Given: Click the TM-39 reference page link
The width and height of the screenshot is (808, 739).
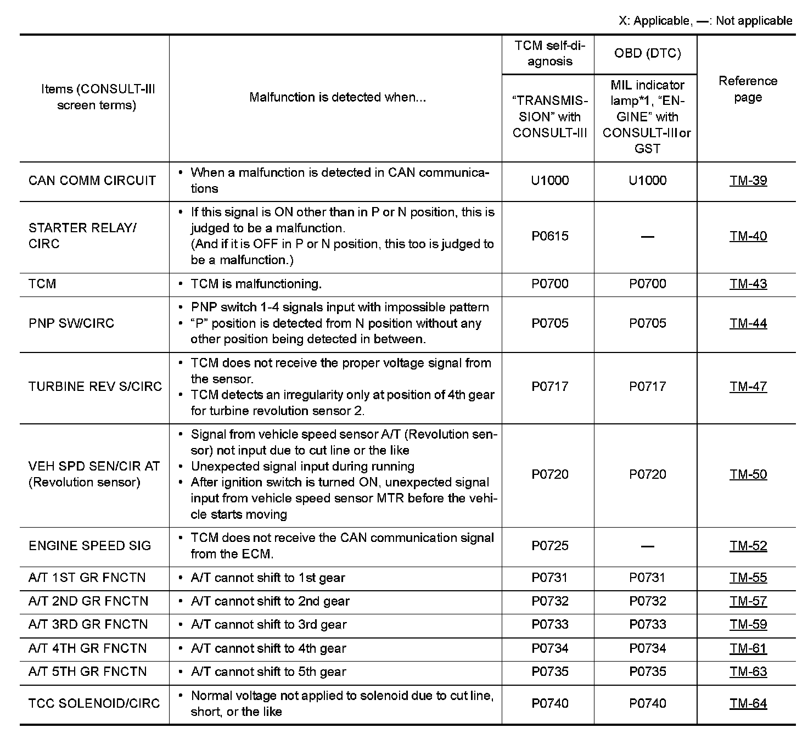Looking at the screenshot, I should pyautogui.click(x=748, y=181).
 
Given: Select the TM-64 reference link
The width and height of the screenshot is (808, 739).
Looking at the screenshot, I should pyautogui.click(x=748, y=703).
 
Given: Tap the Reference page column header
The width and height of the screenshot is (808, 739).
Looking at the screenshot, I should pyautogui.click(x=748, y=89).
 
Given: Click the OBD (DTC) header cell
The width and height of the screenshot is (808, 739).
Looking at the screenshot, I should pyautogui.click(x=647, y=53).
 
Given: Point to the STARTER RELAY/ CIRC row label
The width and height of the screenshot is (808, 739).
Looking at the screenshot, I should pyautogui.click(x=82, y=236).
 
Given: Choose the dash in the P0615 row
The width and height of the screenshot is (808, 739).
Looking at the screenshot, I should pyautogui.click(x=648, y=237).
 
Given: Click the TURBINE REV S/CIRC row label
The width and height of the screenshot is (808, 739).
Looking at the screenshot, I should pyautogui.click(x=95, y=387).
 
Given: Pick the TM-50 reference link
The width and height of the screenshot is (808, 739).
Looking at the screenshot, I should pyautogui.click(x=748, y=474).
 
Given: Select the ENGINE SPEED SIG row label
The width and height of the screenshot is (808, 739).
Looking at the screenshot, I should pyautogui.click(x=89, y=546).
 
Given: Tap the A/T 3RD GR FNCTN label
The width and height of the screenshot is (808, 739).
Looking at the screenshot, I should pyautogui.click(x=88, y=625).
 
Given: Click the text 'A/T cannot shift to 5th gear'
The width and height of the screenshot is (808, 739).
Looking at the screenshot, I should pyautogui.click(x=268, y=672).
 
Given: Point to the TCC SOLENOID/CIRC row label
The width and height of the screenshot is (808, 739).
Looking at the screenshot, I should pyautogui.click(x=94, y=703).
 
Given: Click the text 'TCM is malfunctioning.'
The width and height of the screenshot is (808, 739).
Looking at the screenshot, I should pyautogui.click(x=256, y=284).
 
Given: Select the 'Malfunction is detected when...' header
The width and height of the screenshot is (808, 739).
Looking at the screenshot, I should pyautogui.click(x=337, y=97).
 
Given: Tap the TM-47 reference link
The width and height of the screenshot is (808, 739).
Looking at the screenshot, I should pyautogui.click(x=748, y=387).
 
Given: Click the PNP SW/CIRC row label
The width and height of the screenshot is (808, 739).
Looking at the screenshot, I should pyautogui.click(x=71, y=323).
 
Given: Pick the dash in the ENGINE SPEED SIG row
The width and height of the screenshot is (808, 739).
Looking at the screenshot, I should pyautogui.click(x=648, y=546).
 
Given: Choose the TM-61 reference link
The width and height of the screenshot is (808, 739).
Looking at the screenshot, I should pyautogui.click(x=748, y=648).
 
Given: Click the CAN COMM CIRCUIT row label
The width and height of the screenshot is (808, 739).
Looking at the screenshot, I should pyautogui.click(x=92, y=181).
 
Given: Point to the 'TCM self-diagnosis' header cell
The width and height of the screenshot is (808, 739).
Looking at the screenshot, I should pyautogui.click(x=549, y=53).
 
